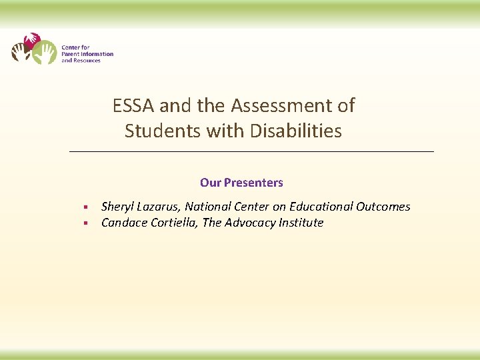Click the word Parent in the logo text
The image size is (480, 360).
point(70,54)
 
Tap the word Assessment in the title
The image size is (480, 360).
point(293,105)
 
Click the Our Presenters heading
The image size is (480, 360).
point(241,183)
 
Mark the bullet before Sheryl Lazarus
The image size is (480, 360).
point(86,207)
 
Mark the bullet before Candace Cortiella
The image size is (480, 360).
point(86,223)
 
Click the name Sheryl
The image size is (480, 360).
point(117,207)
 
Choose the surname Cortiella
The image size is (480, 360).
point(172,223)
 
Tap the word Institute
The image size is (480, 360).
point(300,223)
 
